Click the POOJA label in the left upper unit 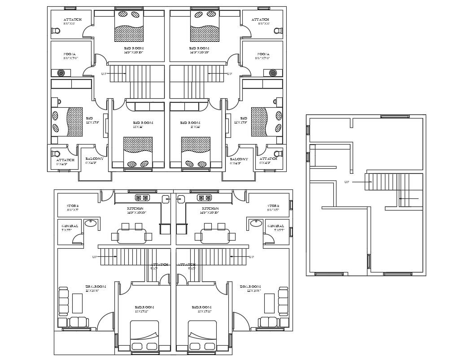coord(70,54)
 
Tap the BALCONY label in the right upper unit coord(239,159)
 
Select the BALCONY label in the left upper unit coord(94,159)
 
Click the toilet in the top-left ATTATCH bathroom coord(56,31)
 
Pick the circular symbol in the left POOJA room coord(61,73)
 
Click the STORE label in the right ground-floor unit coord(273,206)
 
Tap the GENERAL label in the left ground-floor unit coord(70,226)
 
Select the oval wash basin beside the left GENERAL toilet coord(91,223)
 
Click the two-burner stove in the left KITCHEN coord(142,198)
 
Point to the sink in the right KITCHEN coord(181,199)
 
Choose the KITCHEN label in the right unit coord(210,209)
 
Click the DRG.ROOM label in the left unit coord(96,286)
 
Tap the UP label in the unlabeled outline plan coord(347,182)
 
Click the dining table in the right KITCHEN coord(215,236)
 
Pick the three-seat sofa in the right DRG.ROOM coord(283,301)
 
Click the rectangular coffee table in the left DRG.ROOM coord(77,303)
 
